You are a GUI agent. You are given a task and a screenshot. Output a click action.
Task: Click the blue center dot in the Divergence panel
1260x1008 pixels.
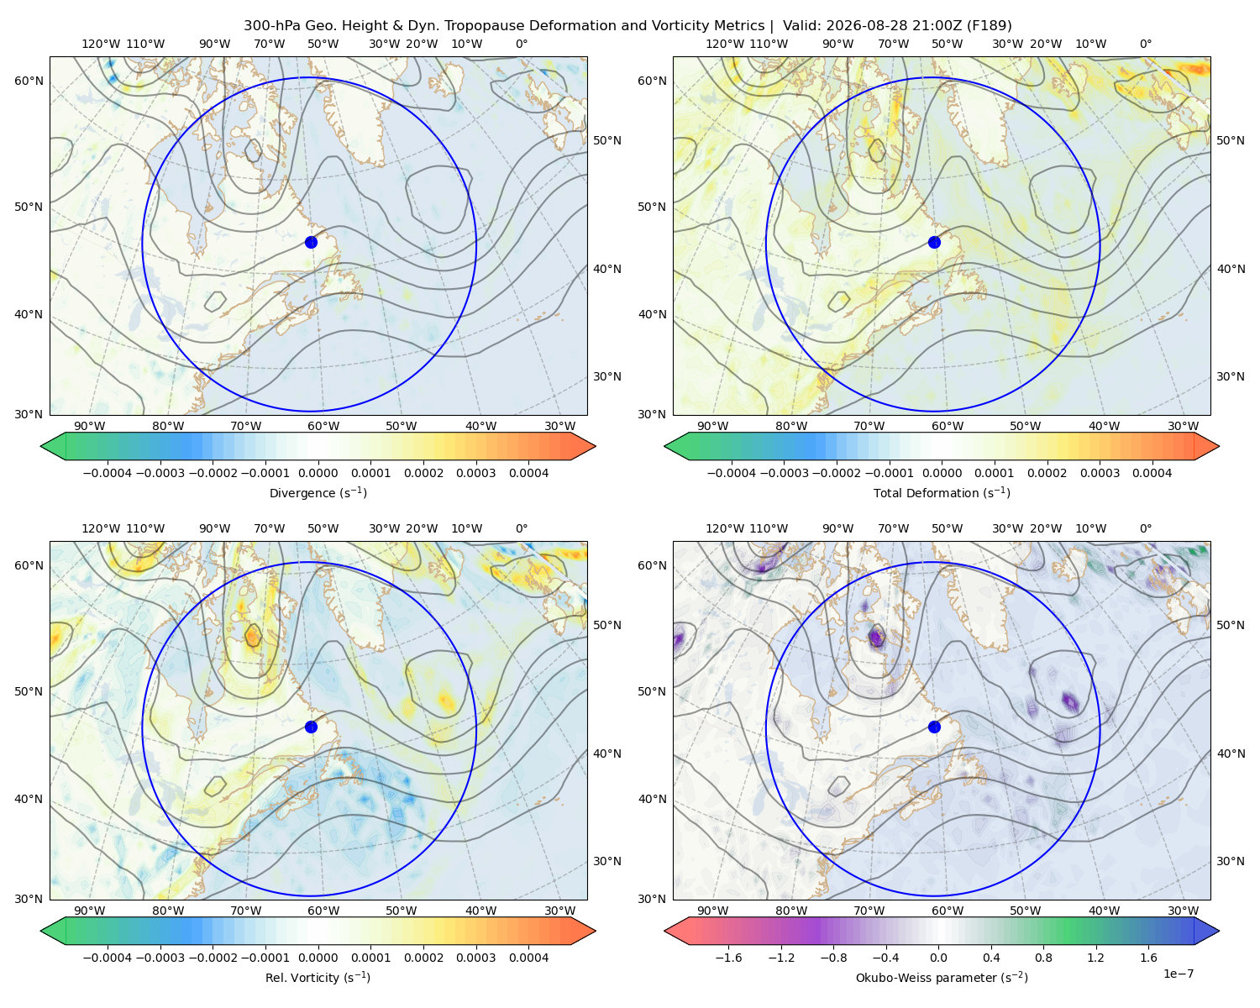(311, 242)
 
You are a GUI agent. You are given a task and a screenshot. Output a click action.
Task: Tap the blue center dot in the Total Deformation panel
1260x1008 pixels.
(934, 242)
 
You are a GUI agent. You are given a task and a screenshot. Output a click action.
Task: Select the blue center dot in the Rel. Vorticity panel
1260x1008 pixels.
(311, 727)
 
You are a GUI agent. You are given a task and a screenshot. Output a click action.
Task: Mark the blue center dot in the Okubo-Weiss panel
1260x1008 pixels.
(934, 727)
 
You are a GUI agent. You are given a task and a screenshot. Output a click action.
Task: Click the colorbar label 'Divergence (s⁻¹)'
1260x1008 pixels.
(318, 493)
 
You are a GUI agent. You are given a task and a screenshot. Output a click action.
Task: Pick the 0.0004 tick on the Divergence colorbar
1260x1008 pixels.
(528, 473)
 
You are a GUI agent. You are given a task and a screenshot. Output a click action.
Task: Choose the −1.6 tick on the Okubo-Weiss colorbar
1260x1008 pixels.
(728, 958)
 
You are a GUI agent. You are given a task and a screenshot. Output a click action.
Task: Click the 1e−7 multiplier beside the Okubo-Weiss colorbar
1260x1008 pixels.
(1178, 974)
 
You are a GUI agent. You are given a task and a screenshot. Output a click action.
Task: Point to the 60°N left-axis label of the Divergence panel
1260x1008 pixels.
(29, 81)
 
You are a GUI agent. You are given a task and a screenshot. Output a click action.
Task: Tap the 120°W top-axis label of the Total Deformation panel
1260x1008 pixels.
(724, 44)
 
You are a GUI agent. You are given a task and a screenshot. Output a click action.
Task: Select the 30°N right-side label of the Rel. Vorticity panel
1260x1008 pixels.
(607, 861)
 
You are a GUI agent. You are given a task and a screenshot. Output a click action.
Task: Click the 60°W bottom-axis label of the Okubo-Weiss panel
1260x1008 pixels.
(947, 911)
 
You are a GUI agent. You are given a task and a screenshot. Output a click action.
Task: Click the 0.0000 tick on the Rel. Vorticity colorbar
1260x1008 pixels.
(318, 958)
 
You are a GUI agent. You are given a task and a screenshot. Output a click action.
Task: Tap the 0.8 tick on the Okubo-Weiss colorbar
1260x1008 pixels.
(1043, 958)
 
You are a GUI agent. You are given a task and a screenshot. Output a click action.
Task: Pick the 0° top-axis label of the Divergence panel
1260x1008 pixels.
(522, 44)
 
